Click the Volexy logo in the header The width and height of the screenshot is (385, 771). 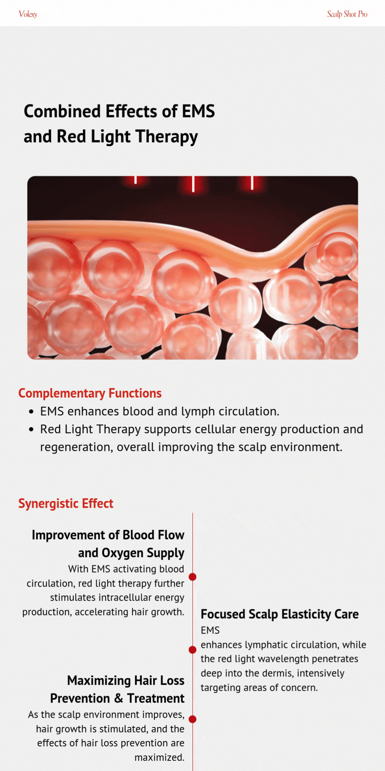click(28, 14)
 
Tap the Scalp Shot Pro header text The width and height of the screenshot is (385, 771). click(347, 14)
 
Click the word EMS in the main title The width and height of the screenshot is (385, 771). click(198, 111)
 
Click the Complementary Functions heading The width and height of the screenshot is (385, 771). click(90, 394)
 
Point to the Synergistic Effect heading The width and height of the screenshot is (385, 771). click(66, 504)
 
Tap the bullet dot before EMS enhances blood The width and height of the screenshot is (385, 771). click(32, 412)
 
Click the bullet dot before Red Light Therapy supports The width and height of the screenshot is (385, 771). click(32, 429)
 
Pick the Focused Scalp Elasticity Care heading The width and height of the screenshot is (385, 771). click(280, 614)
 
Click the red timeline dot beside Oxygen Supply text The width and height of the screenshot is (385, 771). click(192, 577)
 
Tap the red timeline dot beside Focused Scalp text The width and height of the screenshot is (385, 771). click(192, 650)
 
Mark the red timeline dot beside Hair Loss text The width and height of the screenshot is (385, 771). click(192, 719)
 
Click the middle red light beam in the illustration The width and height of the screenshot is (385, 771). click(193, 184)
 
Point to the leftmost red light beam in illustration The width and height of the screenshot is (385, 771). click(136, 180)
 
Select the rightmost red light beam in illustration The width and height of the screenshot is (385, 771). click(252, 183)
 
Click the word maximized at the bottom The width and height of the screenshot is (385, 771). click(159, 758)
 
